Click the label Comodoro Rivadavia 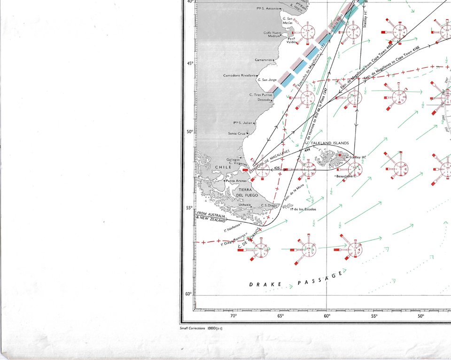[x=240, y=75]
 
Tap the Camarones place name [x=263, y=60]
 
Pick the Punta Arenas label [x=236, y=181]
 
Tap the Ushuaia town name [x=244, y=204]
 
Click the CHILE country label [x=223, y=167]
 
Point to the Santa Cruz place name [x=237, y=133]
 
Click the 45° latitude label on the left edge [x=190, y=63]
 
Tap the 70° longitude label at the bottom [x=233, y=316]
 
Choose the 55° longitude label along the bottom [x=374, y=316]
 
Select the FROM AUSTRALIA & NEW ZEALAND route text [x=212, y=217]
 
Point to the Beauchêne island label [x=345, y=176]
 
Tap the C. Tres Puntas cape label [x=261, y=95]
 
